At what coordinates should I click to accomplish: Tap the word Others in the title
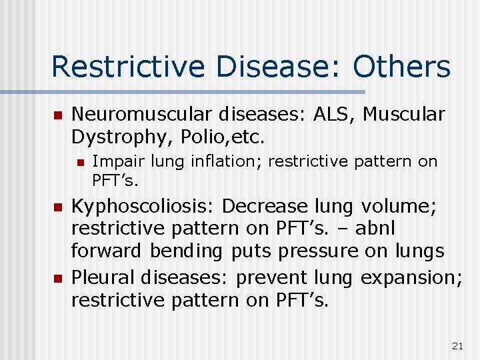(401, 67)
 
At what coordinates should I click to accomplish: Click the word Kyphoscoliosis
(143, 206)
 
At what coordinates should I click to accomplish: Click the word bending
(188, 251)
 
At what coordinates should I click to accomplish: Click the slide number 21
(457, 345)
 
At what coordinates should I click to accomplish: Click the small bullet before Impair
(80, 161)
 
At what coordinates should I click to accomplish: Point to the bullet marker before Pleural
(57, 276)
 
